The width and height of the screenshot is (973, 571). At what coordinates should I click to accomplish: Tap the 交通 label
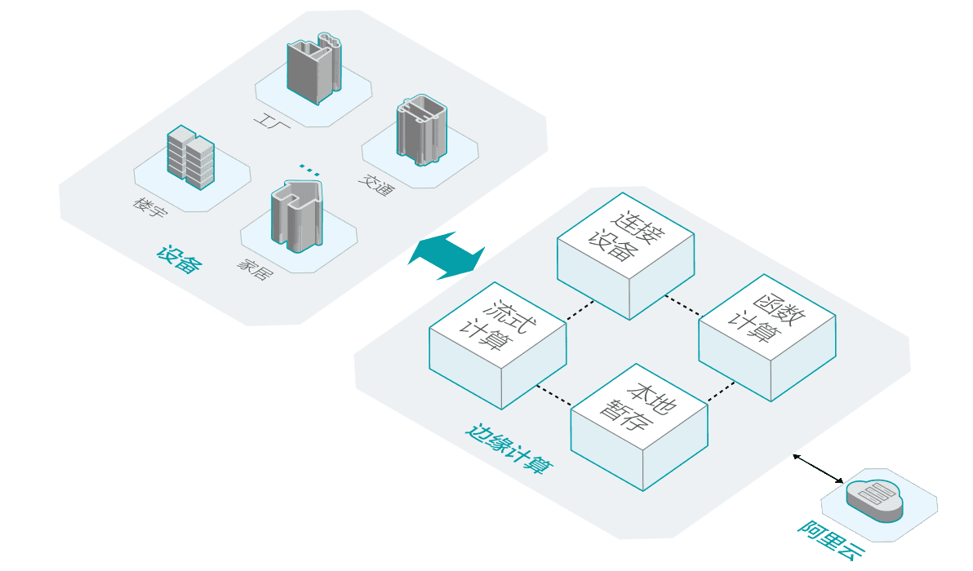375,186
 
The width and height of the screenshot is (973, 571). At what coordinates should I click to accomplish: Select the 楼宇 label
150,207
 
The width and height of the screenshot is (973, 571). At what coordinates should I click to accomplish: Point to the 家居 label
255,269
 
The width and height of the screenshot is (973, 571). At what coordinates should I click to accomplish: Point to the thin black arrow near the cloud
820,467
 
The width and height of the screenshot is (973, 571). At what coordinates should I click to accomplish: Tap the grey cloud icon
875,498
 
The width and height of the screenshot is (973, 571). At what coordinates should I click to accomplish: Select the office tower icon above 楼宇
189,158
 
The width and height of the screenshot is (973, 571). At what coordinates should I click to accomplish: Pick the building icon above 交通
420,128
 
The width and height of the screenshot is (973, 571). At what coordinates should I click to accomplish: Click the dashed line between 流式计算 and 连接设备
579,309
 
